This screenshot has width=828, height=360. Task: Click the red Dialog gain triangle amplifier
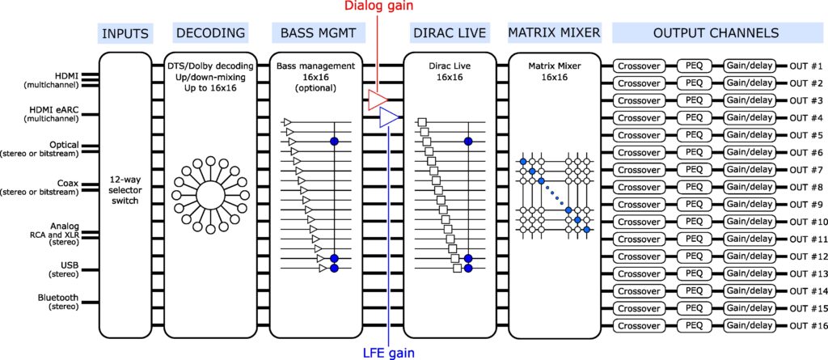pos(376,99)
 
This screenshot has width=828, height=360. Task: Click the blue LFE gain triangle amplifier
pos(388,118)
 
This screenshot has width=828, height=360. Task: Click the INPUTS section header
pos(125,33)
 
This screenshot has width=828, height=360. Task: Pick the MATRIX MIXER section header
pos(554,33)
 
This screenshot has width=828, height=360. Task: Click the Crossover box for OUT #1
pos(640,66)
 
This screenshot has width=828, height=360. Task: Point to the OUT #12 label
pos(805,256)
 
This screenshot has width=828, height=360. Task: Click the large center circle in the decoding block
pos(209,195)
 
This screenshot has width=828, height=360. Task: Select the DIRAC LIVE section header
pos(449,33)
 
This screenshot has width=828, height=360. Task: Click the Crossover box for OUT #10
pos(640,222)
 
